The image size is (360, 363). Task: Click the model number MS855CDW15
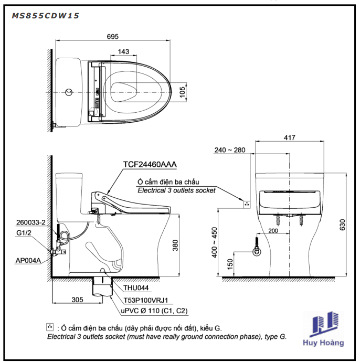click(46, 16)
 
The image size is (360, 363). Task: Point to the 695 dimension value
click(113, 36)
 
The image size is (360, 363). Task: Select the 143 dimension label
click(123, 51)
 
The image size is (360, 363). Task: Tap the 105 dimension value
click(183, 92)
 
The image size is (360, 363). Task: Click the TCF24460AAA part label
click(150, 164)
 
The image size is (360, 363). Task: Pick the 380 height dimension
click(175, 245)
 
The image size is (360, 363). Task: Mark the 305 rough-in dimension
click(77, 300)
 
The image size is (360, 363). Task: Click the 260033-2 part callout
click(31, 222)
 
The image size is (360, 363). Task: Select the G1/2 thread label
click(24, 233)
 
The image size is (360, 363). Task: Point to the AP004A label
click(28, 260)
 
